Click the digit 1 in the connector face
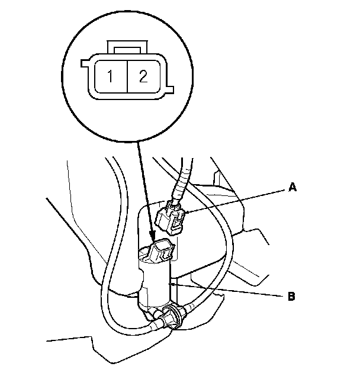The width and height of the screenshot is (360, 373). click(110, 76)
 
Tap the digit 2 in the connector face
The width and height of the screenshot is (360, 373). click(142, 76)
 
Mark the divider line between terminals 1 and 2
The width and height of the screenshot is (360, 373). click(126, 76)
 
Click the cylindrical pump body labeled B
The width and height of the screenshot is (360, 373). click(155, 283)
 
